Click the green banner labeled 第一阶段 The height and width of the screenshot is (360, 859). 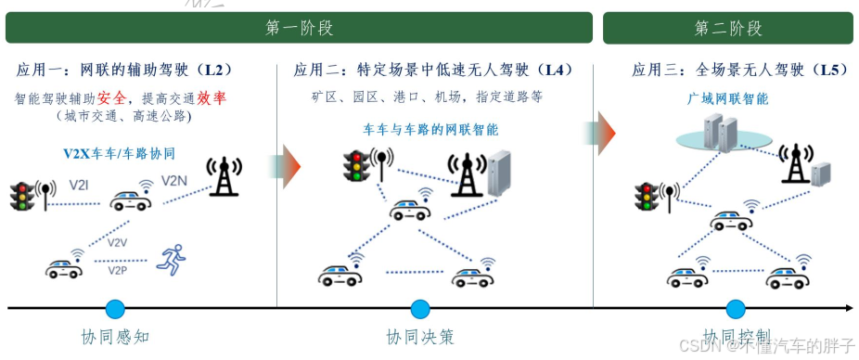coord(299,28)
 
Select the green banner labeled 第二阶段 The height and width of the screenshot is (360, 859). coord(727,28)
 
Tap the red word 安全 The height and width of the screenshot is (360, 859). coord(114,97)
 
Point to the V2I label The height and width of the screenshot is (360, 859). coord(81,185)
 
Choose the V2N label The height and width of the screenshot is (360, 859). coord(175,181)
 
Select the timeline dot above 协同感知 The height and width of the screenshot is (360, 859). coord(115,309)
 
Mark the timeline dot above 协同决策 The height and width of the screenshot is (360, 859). coord(420,309)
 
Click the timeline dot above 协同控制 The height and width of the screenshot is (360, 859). coord(737,309)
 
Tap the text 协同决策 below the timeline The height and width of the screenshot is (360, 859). coord(420,337)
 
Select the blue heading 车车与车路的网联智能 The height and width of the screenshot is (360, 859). coord(430,130)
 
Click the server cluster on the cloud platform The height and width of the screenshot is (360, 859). coord(720,133)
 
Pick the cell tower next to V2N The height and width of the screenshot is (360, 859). coord(223,176)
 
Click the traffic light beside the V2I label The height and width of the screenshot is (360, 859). coord(21,197)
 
